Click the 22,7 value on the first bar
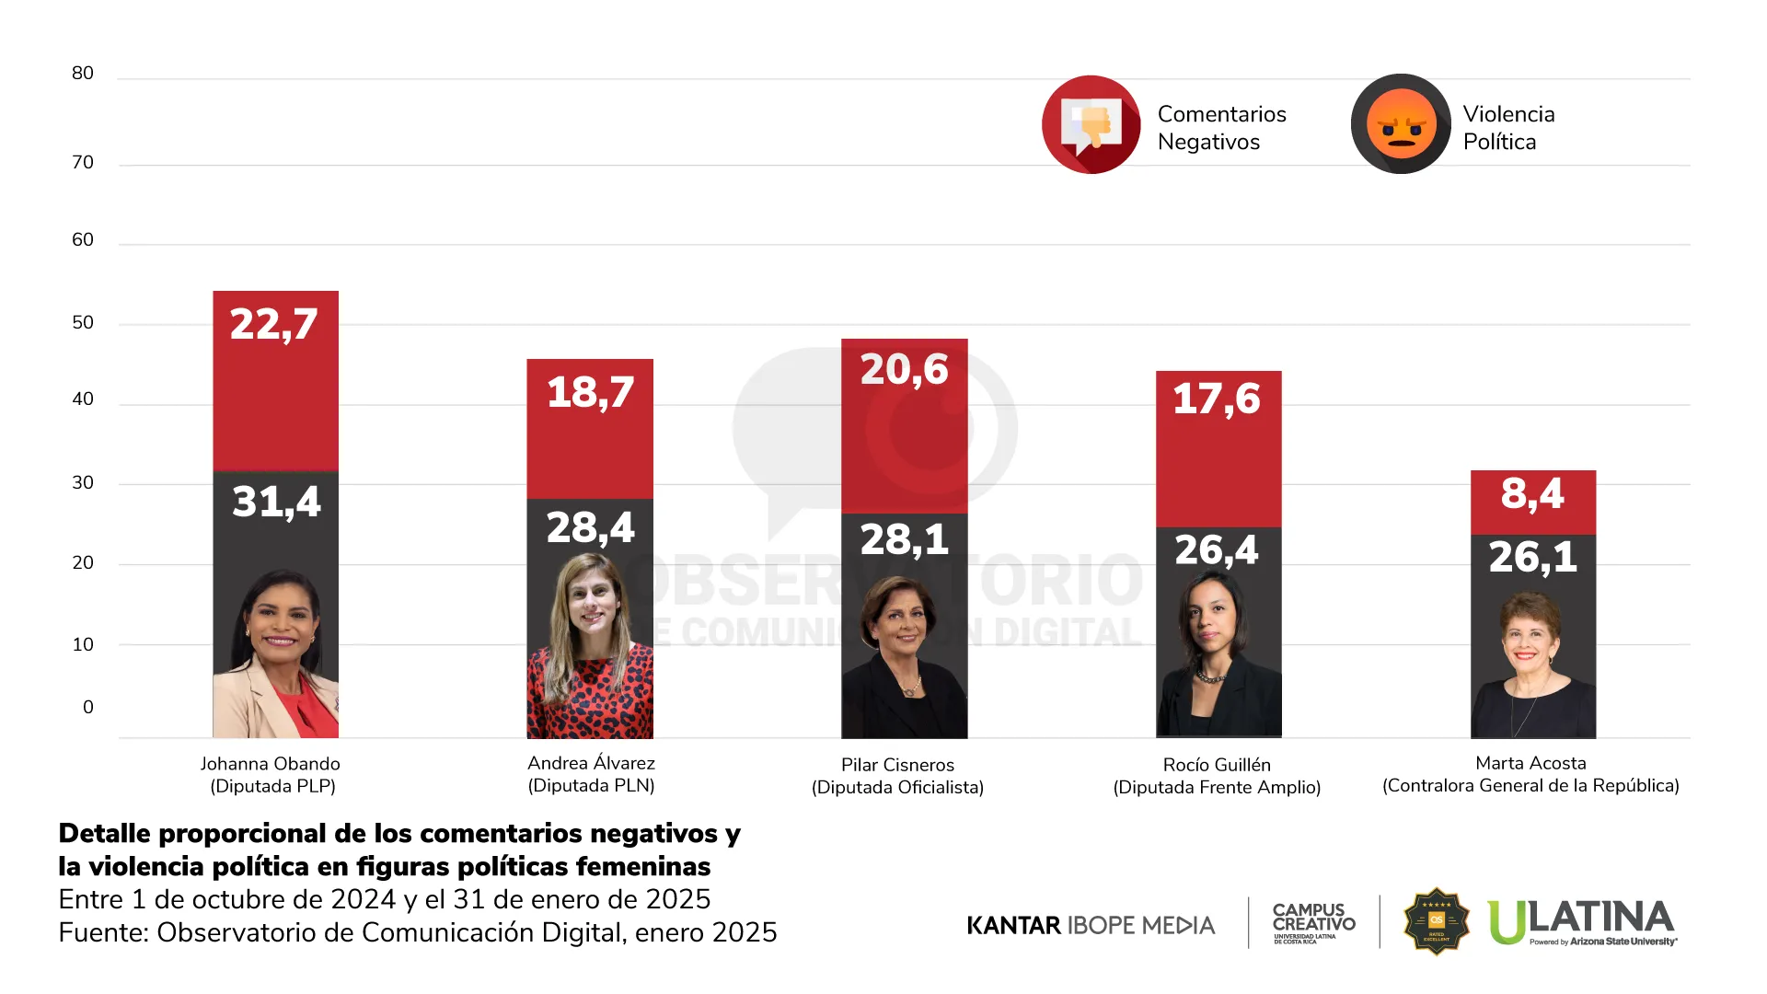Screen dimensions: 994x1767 click(274, 324)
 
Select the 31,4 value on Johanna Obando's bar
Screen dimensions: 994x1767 click(276, 502)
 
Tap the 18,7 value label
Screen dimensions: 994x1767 click(590, 393)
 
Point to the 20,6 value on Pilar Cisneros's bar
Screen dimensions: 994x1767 click(904, 370)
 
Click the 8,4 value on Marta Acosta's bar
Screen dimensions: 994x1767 click(1532, 494)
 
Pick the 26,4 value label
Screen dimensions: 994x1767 click(1217, 550)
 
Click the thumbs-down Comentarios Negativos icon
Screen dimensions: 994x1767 click(1091, 124)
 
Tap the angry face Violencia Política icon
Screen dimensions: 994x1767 click(1401, 124)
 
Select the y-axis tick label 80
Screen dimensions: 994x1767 click(83, 74)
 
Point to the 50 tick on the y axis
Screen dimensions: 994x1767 click(83, 323)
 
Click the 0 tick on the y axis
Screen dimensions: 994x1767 click(88, 708)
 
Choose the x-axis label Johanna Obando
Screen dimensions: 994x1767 click(271, 764)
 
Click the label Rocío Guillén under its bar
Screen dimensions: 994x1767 click(1217, 765)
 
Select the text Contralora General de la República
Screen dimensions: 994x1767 click(1530, 786)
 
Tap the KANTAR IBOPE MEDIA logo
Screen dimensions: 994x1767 click(1091, 925)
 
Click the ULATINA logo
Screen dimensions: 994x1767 click(1581, 922)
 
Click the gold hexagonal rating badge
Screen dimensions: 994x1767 click(1436, 921)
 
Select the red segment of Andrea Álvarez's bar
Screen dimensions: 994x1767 click(590, 451)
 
